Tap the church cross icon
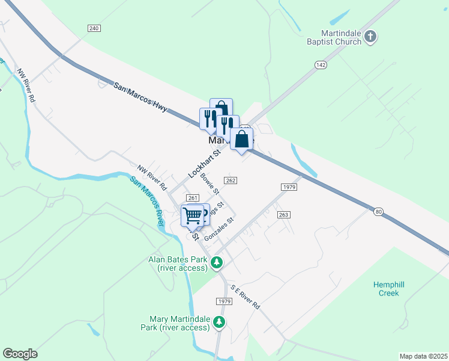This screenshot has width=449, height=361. click(x=371, y=37)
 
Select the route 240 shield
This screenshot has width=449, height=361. click(x=93, y=28)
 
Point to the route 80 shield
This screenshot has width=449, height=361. click(x=377, y=211)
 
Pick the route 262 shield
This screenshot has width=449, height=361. click(x=230, y=180)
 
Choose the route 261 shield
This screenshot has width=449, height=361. click(x=192, y=198)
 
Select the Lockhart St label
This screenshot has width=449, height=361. click(x=205, y=163)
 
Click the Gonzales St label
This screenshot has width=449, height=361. click(x=218, y=229)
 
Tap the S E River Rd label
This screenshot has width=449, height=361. click(x=245, y=297)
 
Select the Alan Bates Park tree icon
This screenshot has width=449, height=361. click(x=217, y=263)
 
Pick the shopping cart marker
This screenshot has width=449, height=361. click(x=193, y=215)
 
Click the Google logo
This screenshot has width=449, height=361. click(x=20, y=354)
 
